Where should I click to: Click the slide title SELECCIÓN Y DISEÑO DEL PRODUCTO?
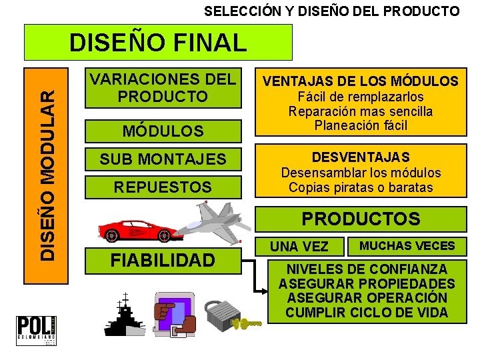tap(331, 11)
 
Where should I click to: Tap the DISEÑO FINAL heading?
tap(158, 43)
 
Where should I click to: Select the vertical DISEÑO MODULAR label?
tap(46, 163)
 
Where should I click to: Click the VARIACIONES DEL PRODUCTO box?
tap(163, 88)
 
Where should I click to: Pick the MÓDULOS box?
tap(163, 131)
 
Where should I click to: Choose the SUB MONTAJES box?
tap(163, 159)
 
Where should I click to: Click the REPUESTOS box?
tap(163, 187)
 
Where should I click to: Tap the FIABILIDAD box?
tap(163, 259)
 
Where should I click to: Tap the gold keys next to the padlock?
tap(249, 323)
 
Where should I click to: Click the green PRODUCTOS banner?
tap(361, 219)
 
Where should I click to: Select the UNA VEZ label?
tap(299, 247)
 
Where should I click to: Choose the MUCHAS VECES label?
tap(407, 246)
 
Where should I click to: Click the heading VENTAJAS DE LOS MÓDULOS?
tap(360, 82)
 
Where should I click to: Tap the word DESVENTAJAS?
tap(360, 158)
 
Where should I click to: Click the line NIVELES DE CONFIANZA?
tap(367, 269)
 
